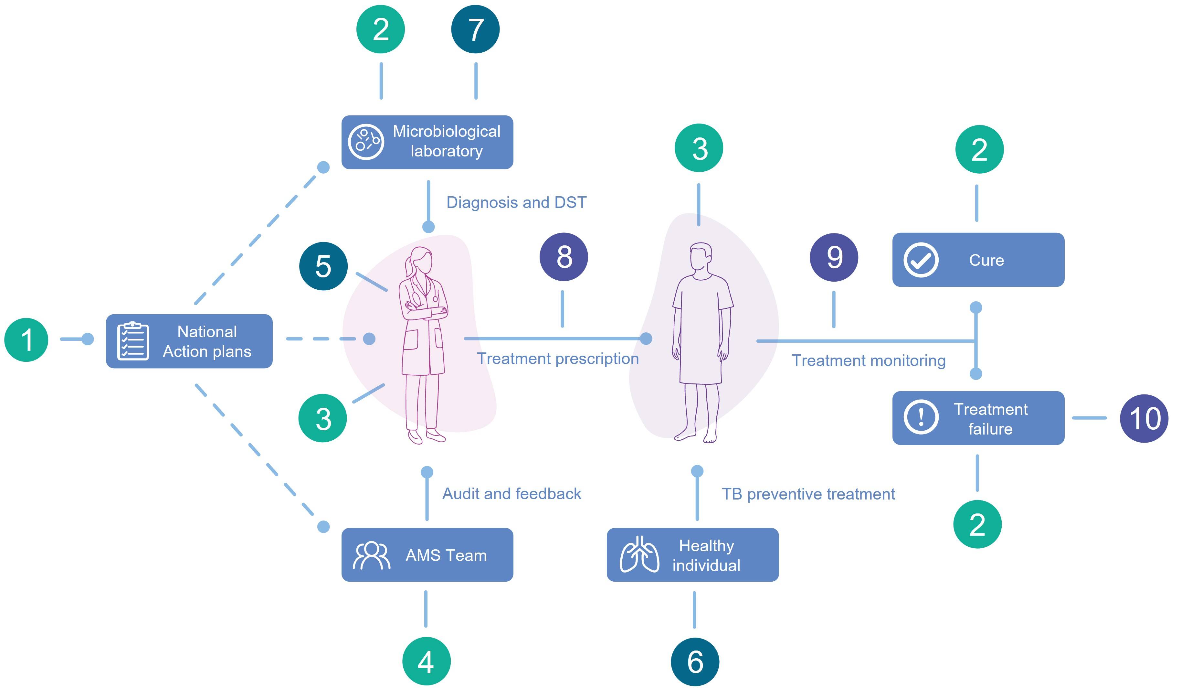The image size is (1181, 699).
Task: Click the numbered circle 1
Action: [x=26, y=339]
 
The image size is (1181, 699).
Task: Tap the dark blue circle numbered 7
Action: [x=475, y=29]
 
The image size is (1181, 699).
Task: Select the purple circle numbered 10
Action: [x=1144, y=418]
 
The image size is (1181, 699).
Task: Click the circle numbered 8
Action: [x=564, y=257]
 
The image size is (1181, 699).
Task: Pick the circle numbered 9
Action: [x=834, y=257]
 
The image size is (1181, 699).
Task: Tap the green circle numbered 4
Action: [x=426, y=661]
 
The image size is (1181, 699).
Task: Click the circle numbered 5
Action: [x=323, y=266]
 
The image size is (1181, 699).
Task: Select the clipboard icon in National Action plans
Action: [x=133, y=341]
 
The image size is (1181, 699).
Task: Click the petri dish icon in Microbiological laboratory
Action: [x=366, y=142]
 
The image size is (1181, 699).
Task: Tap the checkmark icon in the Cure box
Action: [x=921, y=260]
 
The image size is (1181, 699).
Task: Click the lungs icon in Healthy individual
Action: [x=639, y=555]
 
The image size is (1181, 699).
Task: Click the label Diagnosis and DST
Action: [x=516, y=202]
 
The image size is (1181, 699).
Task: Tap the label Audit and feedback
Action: [x=511, y=494]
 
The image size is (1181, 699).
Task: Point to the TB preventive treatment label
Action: [x=808, y=494]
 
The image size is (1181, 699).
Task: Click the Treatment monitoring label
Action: [x=869, y=360]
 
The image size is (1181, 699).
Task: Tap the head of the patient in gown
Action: [x=701, y=257]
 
